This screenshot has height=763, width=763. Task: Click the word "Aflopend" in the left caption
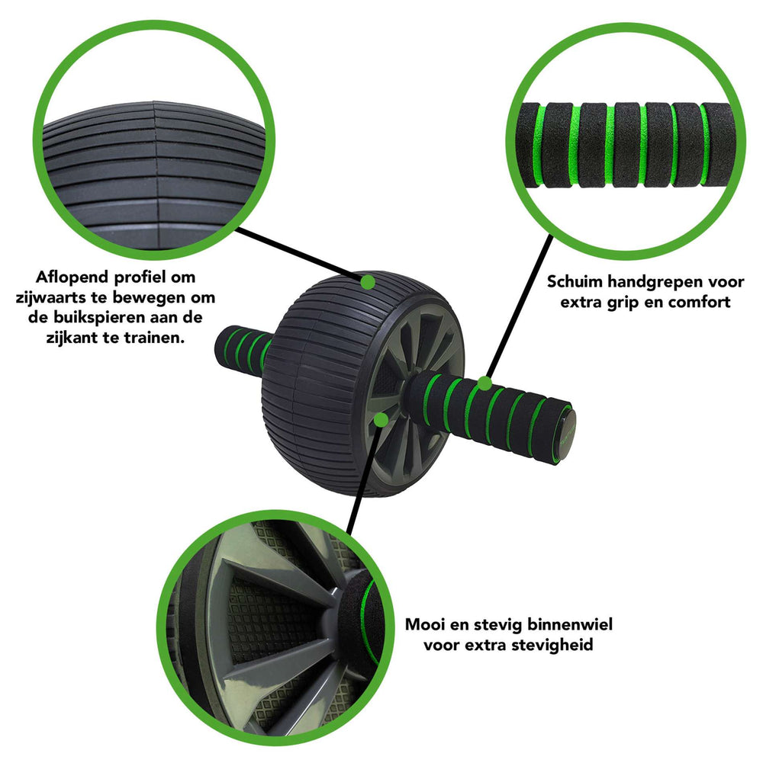72,277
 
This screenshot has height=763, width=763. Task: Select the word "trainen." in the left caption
154,337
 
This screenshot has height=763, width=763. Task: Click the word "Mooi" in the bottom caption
424,624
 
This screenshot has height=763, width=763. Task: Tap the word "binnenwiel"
568,624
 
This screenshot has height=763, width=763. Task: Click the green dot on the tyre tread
367,282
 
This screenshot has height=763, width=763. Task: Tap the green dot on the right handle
484,383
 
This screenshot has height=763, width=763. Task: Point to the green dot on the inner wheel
381,419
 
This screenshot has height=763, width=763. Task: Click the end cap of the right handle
567,434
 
